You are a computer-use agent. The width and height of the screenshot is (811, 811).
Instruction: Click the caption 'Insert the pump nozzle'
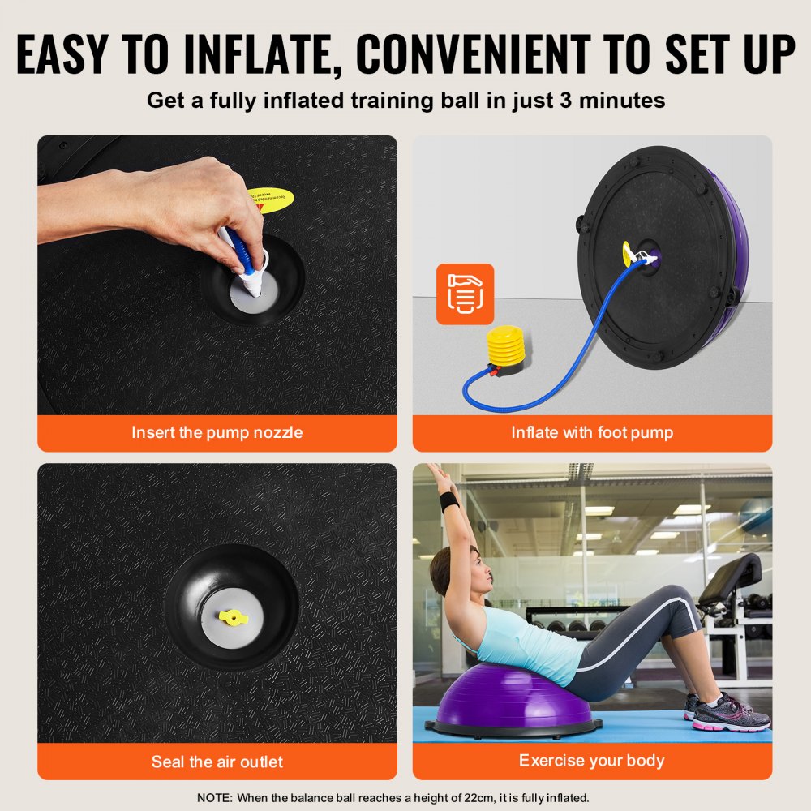coord(217,433)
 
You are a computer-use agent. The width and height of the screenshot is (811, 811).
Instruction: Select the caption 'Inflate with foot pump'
coord(592,433)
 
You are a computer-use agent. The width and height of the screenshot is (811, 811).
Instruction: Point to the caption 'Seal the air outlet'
coord(217,762)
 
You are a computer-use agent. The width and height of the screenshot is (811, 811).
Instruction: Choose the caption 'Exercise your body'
coord(592,761)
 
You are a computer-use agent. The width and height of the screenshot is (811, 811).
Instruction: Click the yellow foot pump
coord(504,351)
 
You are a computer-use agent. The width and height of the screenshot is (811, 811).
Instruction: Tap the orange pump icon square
coord(465,294)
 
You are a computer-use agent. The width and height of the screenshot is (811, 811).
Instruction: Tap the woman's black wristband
coord(449,500)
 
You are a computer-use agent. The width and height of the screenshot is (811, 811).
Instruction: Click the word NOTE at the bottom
coord(213,798)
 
